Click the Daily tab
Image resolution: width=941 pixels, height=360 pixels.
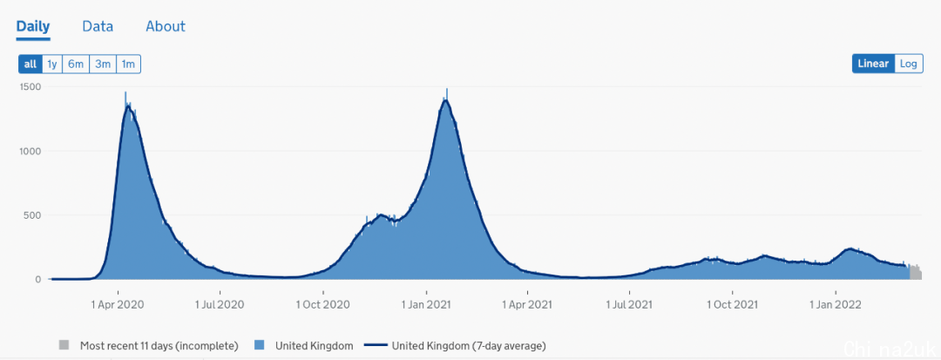(x=33, y=26)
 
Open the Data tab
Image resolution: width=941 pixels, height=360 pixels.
(x=98, y=26)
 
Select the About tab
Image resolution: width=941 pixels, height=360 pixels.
(x=166, y=26)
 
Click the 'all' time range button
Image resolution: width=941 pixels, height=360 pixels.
(x=30, y=64)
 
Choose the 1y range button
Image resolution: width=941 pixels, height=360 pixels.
(x=52, y=64)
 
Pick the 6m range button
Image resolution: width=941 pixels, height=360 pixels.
(x=76, y=64)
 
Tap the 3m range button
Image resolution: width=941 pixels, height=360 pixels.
(x=103, y=64)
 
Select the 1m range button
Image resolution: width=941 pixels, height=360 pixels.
(x=128, y=64)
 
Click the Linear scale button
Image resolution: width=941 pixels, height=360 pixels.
(x=873, y=64)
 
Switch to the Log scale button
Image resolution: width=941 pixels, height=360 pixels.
(x=909, y=64)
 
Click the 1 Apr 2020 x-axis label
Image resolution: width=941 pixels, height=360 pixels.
(x=118, y=304)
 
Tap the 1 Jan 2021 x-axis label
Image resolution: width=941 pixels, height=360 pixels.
(x=425, y=304)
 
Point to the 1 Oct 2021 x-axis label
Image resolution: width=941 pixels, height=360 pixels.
(x=733, y=304)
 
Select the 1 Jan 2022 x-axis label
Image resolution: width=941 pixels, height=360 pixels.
(x=836, y=304)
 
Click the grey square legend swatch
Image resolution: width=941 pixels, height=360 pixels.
(x=64, y=346)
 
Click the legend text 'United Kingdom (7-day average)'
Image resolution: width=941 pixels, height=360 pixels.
(x=469, y=346)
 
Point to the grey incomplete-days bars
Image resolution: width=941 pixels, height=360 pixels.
(x=915, y=273)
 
